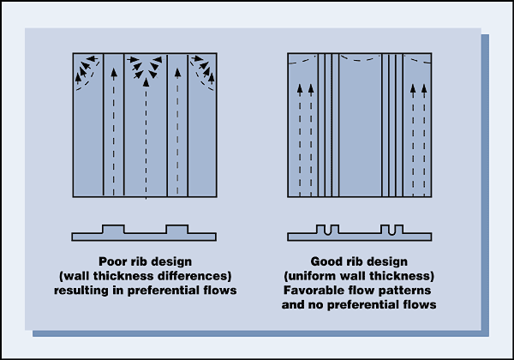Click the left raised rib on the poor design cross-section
tap(113, 230)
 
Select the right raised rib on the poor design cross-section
tap(176, 230)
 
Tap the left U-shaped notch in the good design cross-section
tap(329, 230)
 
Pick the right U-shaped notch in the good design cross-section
tap(392, 230)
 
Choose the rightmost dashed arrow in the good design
tap(423, 137)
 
